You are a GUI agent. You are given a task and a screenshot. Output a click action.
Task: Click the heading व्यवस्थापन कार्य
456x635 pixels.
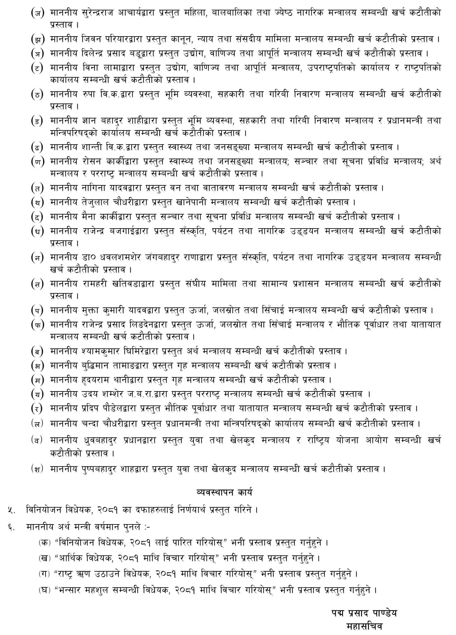pyautogui.click(x=224, y=492)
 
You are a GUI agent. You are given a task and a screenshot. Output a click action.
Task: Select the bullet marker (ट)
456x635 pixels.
pyautogui.click(x=37, y=68)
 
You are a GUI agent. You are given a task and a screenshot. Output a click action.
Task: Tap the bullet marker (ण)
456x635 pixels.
pyautogui.click(x=37, y=161)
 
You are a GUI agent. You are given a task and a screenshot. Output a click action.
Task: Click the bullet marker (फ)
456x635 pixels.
pyautogui.click(x=37, y=325)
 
